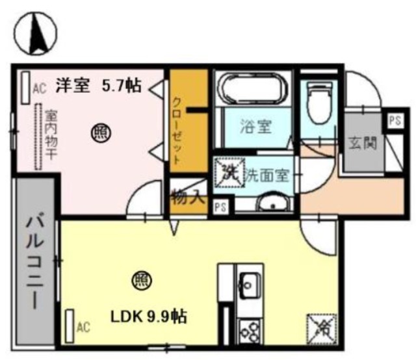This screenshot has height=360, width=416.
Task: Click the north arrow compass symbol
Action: click(x=33, y=32)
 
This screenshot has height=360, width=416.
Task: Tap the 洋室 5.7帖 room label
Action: click(x=97, y=86)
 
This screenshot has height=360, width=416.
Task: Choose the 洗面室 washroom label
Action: click(x=269, y=175)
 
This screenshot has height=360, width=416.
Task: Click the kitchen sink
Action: click(x=249, y=283)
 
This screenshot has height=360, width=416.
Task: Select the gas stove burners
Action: click(x=249, y=331)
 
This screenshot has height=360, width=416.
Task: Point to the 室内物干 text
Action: click(x=50, y=136)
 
